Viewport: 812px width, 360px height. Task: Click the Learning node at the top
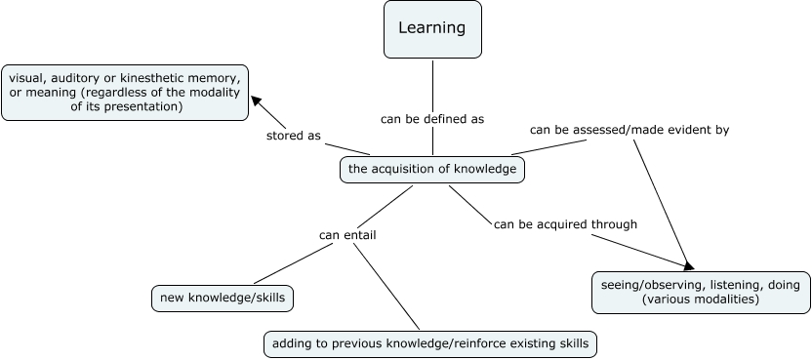[x=432, y=29]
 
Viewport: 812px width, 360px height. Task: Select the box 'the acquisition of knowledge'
[x=432, y=170]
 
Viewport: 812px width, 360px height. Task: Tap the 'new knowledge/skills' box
[x=223, y=298]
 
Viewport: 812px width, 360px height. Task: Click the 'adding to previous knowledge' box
[x=429, y=343]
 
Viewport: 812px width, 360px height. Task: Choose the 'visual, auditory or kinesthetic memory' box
[x=125, y=93]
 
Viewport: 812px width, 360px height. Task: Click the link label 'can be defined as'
[x=432, y=118]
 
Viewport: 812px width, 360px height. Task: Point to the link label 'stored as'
[x=294, y=136]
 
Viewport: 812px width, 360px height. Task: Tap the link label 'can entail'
[x=347, y=234]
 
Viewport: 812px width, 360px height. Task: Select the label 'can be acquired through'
[x=565, y=223]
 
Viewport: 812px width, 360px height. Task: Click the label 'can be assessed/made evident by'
[x=629, y=129]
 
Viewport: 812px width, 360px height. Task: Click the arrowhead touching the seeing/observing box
[x=688, y=265]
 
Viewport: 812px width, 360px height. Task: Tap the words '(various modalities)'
[x=700, y=300]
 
